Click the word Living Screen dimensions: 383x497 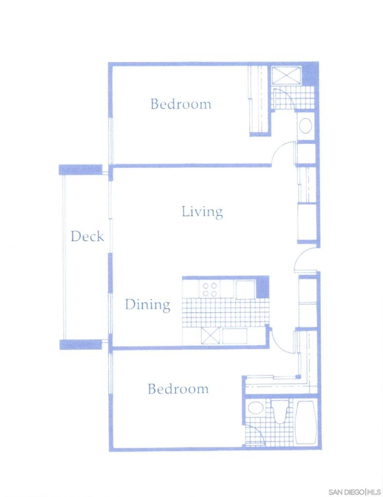pyautogui.click(x=202, y=212)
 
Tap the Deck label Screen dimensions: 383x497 pyautogui.click(x=87, y=236)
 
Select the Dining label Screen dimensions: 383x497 pyautogui.click(x=148, y=305)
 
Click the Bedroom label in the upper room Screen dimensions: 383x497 pyautogui.click(x=180, y=104)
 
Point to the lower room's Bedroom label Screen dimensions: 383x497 pyautogui.click(x=178, y=389)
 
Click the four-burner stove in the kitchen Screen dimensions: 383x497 pyautogui.click(x=210, y=289)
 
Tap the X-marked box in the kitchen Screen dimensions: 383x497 pyautogui.click(x=210, y=336)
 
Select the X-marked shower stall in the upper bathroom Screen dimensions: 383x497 pyautogui.click(x=287, y=76)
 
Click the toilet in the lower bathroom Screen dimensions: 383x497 pyautogui.click(x=280, y=412)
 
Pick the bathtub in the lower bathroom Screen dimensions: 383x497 pyautogui.click(x=306, y=423)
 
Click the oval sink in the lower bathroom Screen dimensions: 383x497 pyautogui.click(x=256, y=408)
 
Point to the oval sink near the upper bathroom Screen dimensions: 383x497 pyautogui.click(x=306, y=126)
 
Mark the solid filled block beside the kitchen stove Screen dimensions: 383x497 pyautogui.click(x=262, y=287)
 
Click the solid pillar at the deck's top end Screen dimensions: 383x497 pyautogui.click(x=81, y=169)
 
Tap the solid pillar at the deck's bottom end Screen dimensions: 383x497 pyautogui.click(x=81, y=345)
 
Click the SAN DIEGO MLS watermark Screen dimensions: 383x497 pyautogui.click(x=354, y=492)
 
